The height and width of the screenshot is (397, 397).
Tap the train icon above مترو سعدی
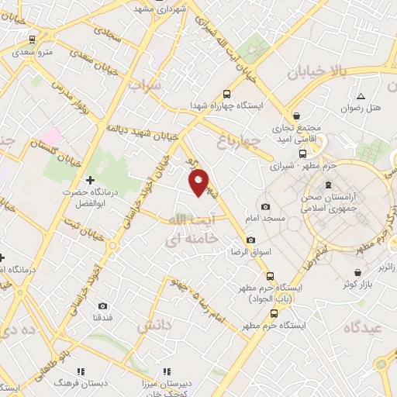(x=32, y=40)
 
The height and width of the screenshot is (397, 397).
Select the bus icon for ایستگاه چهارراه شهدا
(x=226, y=91)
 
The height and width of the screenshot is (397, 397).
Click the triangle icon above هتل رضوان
(x=361, y=96)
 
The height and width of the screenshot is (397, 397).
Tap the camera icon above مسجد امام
(x=266, y=206)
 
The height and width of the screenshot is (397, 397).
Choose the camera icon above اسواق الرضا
(x=250, y=240)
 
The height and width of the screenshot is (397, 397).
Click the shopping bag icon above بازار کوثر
(x=357, y=273)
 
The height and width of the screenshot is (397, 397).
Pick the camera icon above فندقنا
(x=104, y=306)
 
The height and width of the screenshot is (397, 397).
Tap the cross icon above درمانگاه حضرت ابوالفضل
(x=91, y=181)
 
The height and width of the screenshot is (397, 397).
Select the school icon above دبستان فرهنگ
(x=81, y=371)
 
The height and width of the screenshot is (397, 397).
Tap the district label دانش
(x=154, y=326)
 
